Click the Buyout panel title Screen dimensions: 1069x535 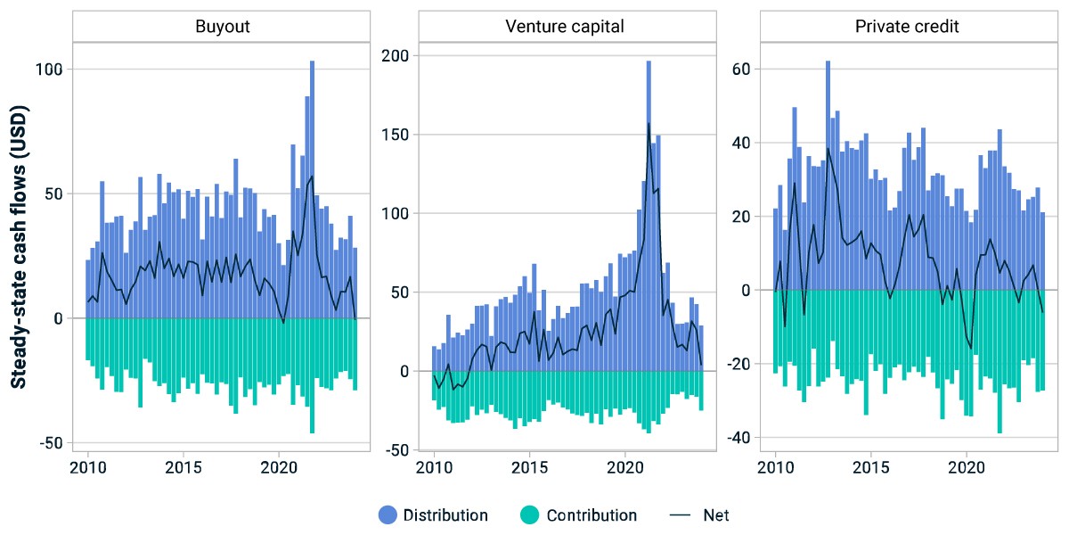223,26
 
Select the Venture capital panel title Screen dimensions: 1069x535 565,26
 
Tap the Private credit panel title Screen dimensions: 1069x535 907,26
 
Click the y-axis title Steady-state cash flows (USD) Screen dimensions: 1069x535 19,247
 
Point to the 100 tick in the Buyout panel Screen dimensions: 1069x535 49,70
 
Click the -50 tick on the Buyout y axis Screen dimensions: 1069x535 51,443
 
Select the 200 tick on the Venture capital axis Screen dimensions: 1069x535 396,56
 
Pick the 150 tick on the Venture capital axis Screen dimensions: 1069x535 396,135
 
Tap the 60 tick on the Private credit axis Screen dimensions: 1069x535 741,70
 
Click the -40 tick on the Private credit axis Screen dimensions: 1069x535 739,438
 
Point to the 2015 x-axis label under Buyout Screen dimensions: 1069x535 184,467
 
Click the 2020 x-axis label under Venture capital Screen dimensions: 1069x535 625,467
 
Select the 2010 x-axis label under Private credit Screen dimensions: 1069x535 776,467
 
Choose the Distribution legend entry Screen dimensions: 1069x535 433,515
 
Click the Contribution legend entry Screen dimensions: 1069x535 578,515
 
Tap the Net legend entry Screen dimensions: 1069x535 699,515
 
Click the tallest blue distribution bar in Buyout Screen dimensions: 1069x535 312,190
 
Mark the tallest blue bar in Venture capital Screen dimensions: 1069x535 649,216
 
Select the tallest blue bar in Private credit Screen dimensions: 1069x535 828,176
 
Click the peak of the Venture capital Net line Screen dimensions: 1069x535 649,123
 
